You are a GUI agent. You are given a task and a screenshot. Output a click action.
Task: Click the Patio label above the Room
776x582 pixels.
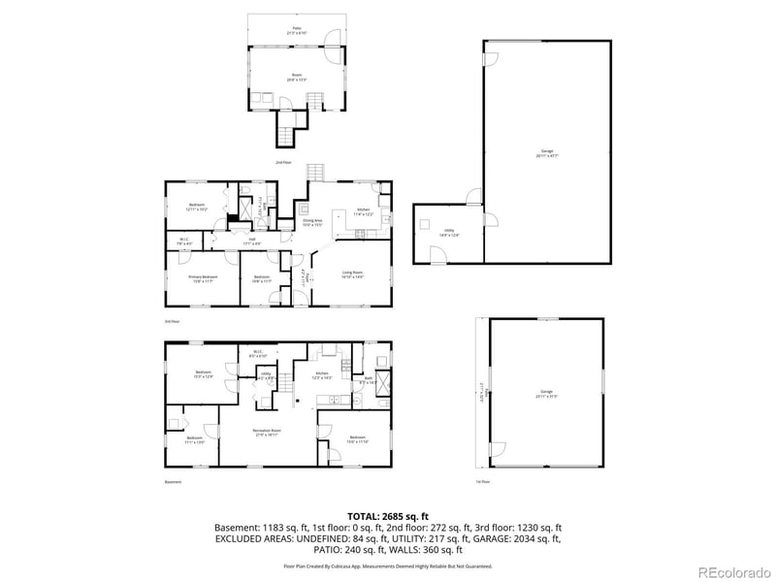[x=297, y=29]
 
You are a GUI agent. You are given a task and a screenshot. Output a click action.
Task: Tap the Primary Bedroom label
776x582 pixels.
[x=202, y=277]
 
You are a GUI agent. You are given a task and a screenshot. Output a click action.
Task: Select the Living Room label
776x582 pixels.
[x=351, y=274]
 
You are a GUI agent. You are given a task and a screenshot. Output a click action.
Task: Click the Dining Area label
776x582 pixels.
[x=312, y=221]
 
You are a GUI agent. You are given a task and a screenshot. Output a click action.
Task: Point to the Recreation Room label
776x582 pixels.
[x=267, y=430]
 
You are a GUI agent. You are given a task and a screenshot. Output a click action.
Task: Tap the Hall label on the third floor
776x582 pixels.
[x=250, y=238]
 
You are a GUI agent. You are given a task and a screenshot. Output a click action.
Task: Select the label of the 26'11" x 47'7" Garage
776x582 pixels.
[x=547, y=152]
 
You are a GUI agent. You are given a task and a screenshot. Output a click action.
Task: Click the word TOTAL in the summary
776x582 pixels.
[x=365, y=516]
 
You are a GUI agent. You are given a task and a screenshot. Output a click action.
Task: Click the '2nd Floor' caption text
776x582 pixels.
[x=283, y=162]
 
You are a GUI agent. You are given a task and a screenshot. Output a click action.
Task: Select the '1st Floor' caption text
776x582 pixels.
[x=483, y=482]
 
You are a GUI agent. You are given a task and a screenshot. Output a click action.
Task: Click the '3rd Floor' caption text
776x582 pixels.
[x=172, y=320]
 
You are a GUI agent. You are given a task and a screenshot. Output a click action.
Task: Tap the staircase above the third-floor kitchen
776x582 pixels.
[x=317, y=172]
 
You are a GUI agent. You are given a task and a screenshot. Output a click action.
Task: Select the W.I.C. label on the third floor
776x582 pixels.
[x=184, y=240]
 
